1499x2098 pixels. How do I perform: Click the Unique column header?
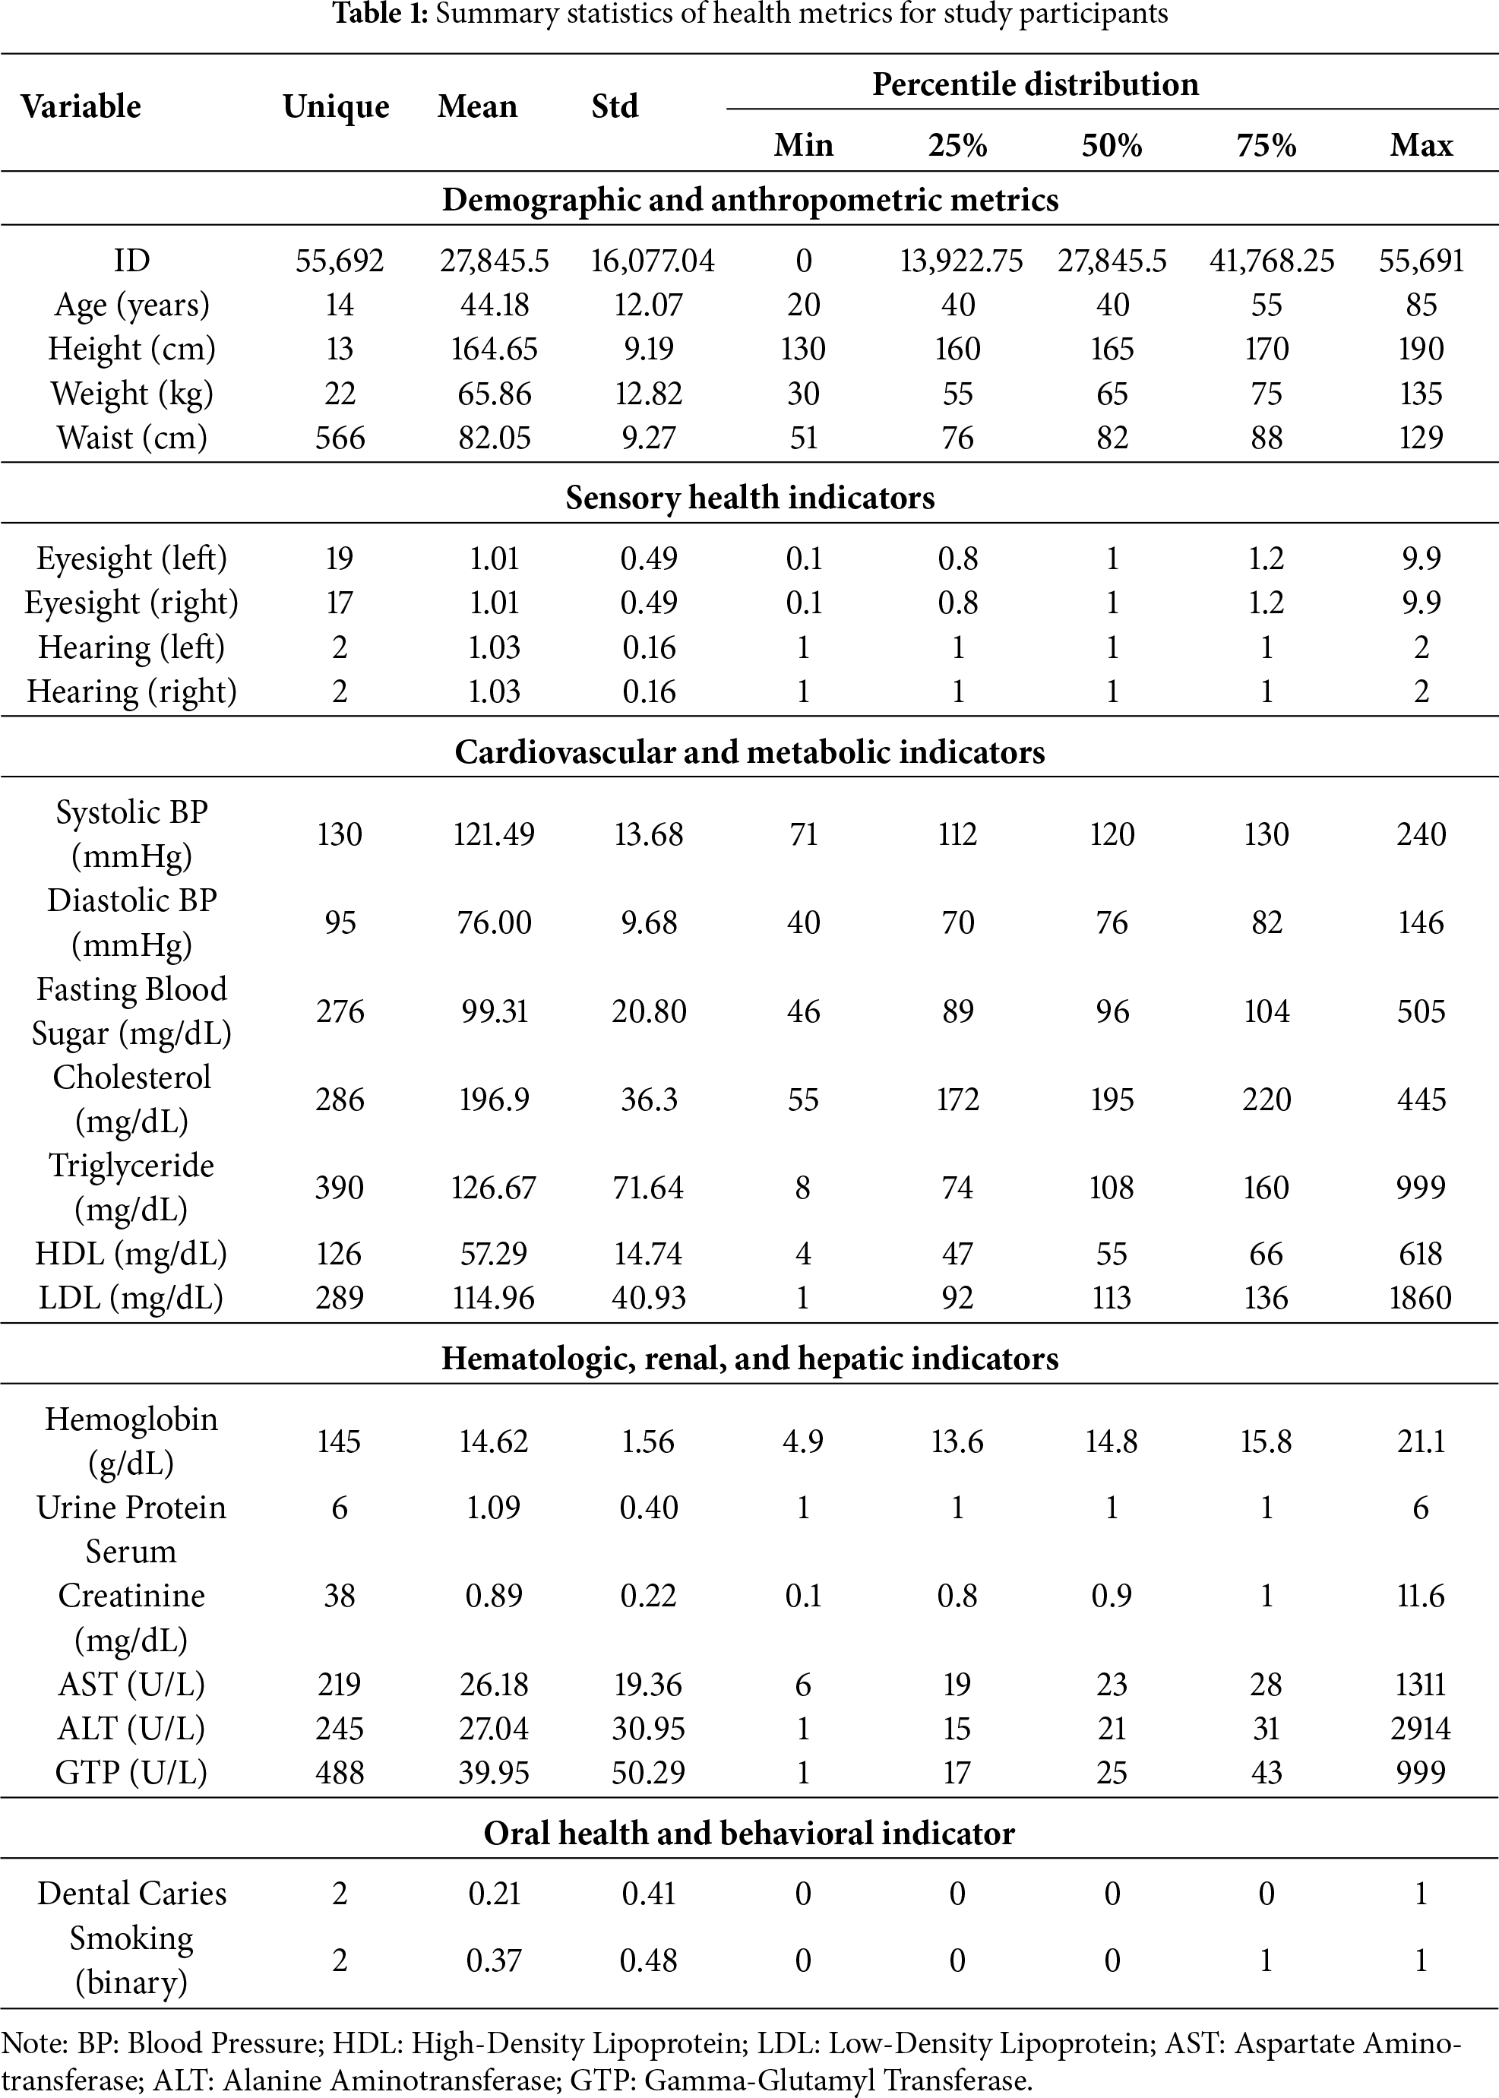coord(336,107)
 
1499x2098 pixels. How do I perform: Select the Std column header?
coord(615,107)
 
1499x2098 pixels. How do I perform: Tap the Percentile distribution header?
coord(1035,85)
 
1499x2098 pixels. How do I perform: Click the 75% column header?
coord(1267,146)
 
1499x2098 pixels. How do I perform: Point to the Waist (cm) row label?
coord(132,438)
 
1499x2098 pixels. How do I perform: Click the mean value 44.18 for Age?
coord(494,305)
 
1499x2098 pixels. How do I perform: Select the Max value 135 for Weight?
coord(1421,393)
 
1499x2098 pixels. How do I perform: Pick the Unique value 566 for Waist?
coord(340,438)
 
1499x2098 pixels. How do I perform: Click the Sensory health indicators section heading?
coord(749,498)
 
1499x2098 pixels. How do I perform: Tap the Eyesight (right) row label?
coord(132,603)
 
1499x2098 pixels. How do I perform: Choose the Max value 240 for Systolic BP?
coord(1421,834)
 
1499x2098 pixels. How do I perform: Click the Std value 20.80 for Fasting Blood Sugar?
coord(649,1011)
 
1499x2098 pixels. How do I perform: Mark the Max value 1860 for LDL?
coord(1421,1298)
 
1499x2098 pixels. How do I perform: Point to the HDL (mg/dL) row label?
coord(132,1254)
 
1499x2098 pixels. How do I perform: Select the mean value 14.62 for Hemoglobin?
coord(494,1441)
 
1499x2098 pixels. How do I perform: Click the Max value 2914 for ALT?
coord(1421,1728)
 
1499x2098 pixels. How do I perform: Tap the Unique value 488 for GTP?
coord(340,1772)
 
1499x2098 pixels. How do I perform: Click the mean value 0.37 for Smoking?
coord(494,1960)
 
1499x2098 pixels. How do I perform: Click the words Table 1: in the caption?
coord(381,14)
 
